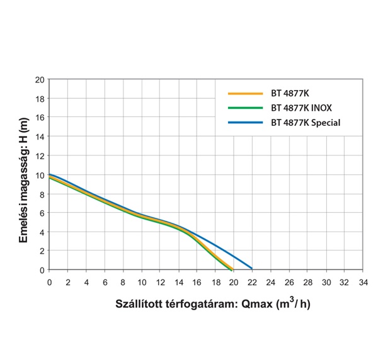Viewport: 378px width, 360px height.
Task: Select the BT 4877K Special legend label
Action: point(306,122)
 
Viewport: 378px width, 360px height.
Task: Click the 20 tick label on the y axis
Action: point(40,80)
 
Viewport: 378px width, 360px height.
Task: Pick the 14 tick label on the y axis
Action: point(40,137)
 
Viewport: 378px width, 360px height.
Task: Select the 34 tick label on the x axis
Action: point(362,281)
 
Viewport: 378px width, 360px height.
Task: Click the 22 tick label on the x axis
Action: point(251,281)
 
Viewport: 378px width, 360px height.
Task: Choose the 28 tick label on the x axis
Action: point(307,281)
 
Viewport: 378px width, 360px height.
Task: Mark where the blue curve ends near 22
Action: point(251,268)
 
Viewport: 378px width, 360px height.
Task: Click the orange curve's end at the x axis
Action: point(232,269)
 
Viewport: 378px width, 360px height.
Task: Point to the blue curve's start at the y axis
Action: point(50,174)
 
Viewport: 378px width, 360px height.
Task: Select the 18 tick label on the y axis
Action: point(40,99)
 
